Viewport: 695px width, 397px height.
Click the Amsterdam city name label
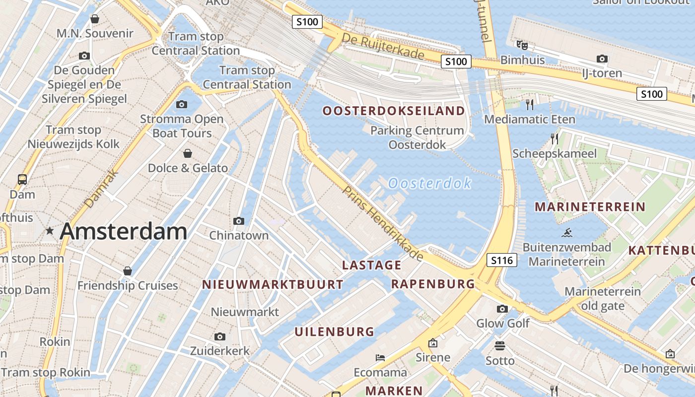(123, 232)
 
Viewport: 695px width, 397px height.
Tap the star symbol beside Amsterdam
(50, 231)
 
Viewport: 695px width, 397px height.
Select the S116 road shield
(502, 260)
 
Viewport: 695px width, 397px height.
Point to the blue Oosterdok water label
(429, 184)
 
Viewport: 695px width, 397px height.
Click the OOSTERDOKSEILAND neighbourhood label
(394, 111)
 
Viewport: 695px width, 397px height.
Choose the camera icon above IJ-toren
(602, 59)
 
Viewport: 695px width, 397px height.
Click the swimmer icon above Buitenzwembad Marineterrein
(566, 232)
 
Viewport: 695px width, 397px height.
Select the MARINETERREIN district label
(590, 207)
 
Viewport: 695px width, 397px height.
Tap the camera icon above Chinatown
(238, 221)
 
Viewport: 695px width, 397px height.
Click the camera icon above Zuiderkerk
(219, 337)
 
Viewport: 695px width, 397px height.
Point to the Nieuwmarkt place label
(245, 312)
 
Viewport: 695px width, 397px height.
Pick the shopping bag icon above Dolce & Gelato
(188, 153)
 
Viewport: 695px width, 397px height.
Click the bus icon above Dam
(22, 179)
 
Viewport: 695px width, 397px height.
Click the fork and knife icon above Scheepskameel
(554, 138)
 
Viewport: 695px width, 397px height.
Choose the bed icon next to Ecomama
(380, 357)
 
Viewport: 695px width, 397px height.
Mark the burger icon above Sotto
(499, 345)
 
